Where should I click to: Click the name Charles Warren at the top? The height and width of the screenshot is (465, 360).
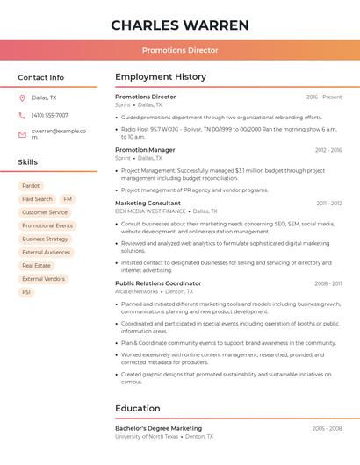coord(180,25)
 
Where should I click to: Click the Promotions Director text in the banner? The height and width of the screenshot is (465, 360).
coord(180,50)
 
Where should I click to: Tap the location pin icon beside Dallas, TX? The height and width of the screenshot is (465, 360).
coord(22,98)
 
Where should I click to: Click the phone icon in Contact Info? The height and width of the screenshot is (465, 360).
coord(22,116)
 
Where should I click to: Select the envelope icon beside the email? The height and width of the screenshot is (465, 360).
coord(22,134)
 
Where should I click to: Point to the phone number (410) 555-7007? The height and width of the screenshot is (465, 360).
coord(50,116)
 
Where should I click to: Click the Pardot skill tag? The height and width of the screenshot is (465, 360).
coord(31,186)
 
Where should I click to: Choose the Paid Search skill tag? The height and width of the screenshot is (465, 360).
coord(37,199)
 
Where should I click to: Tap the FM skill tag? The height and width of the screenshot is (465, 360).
coord(68,199)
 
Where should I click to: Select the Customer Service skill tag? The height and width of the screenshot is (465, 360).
coord(45,212)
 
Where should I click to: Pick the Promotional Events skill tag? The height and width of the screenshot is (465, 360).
coord(47,225)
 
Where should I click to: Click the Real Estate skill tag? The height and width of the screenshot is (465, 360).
coord(36,265)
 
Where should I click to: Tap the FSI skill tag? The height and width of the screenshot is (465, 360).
coord(26,292)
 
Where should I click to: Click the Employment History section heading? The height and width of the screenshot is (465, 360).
coord(161,77)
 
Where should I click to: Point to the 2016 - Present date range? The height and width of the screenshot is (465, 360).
coord(324,97)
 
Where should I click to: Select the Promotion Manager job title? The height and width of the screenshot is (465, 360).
coord(145,150)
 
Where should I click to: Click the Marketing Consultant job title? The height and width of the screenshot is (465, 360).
coord(148,204)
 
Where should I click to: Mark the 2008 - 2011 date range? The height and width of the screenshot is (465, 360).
coord(328,283)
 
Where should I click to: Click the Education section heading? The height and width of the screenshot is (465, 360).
coord(138,408)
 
